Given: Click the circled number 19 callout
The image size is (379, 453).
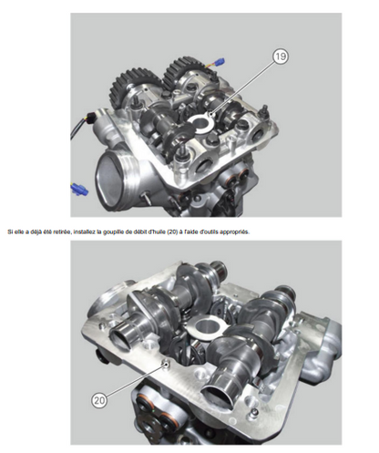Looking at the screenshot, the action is point(280,57).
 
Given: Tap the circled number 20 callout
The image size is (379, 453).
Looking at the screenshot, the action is point(99,400).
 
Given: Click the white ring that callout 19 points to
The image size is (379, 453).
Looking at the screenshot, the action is point(200,123).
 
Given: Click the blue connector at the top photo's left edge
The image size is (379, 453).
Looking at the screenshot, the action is point(78,190).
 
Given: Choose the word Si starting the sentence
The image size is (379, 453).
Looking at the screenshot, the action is point(10,232).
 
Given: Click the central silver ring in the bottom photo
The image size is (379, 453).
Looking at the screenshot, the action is point(207,326).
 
